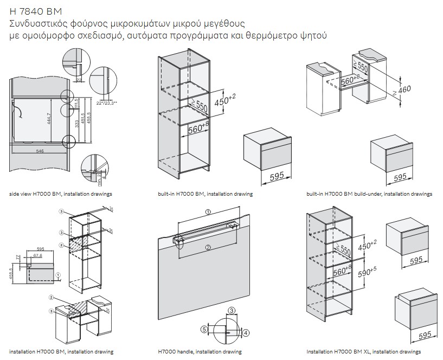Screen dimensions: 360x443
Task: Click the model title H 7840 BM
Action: [x=36, y=11]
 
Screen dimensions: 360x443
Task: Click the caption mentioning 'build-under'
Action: [x=369, y=194]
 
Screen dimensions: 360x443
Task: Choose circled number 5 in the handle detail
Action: [x=204, y=329]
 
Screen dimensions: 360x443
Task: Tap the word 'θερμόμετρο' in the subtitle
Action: [x=274, y=36]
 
